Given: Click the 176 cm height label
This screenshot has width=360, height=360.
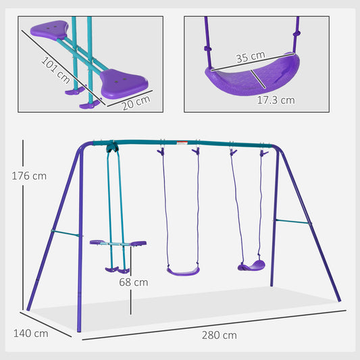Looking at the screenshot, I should (29, 176).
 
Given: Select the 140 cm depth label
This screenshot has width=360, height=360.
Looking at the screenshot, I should (31, 333).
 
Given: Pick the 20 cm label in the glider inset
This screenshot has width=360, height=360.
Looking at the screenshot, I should (137, 101).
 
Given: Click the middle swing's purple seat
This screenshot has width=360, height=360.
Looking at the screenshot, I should (183, 271).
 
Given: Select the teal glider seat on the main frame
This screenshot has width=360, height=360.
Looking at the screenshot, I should (118, 242).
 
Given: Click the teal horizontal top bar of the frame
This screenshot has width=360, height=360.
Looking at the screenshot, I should (182, 143).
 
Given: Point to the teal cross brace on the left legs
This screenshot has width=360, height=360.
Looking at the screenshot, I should (66, 234).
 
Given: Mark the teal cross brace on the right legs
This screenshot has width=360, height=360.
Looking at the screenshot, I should (292, 221).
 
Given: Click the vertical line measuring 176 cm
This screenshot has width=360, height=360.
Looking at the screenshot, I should (24, 223).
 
